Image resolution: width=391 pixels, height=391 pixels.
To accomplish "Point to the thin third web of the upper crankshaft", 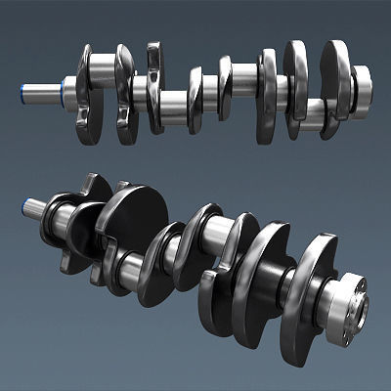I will pos(154,88).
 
